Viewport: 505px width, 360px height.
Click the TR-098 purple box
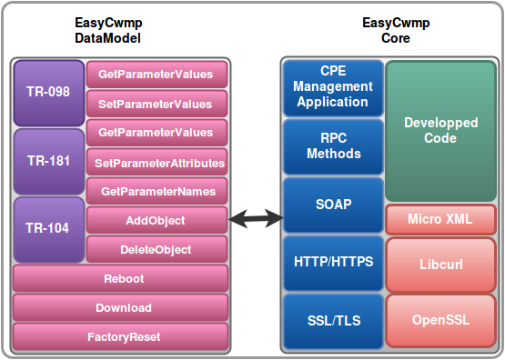49,93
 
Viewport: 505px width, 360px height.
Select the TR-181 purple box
49,162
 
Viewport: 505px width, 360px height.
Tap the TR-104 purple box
49,230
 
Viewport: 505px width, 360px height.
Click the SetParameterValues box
157,104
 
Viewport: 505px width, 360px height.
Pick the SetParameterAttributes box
157,162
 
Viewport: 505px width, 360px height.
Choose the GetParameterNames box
157,191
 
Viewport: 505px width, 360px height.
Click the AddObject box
157,220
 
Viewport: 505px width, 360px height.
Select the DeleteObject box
157,249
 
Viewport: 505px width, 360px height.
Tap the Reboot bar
120,278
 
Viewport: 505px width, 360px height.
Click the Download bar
120,307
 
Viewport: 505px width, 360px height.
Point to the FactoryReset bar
120,336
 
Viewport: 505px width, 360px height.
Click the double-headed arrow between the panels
256,219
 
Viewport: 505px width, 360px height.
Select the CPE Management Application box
333,88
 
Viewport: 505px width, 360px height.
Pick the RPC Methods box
333,146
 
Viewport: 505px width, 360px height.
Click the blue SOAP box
333,205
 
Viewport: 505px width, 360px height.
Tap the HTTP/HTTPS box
333,263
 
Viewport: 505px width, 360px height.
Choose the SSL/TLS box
333,321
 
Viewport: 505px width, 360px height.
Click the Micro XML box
440,219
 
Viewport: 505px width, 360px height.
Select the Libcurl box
440,265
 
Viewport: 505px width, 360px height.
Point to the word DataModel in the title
107,38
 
